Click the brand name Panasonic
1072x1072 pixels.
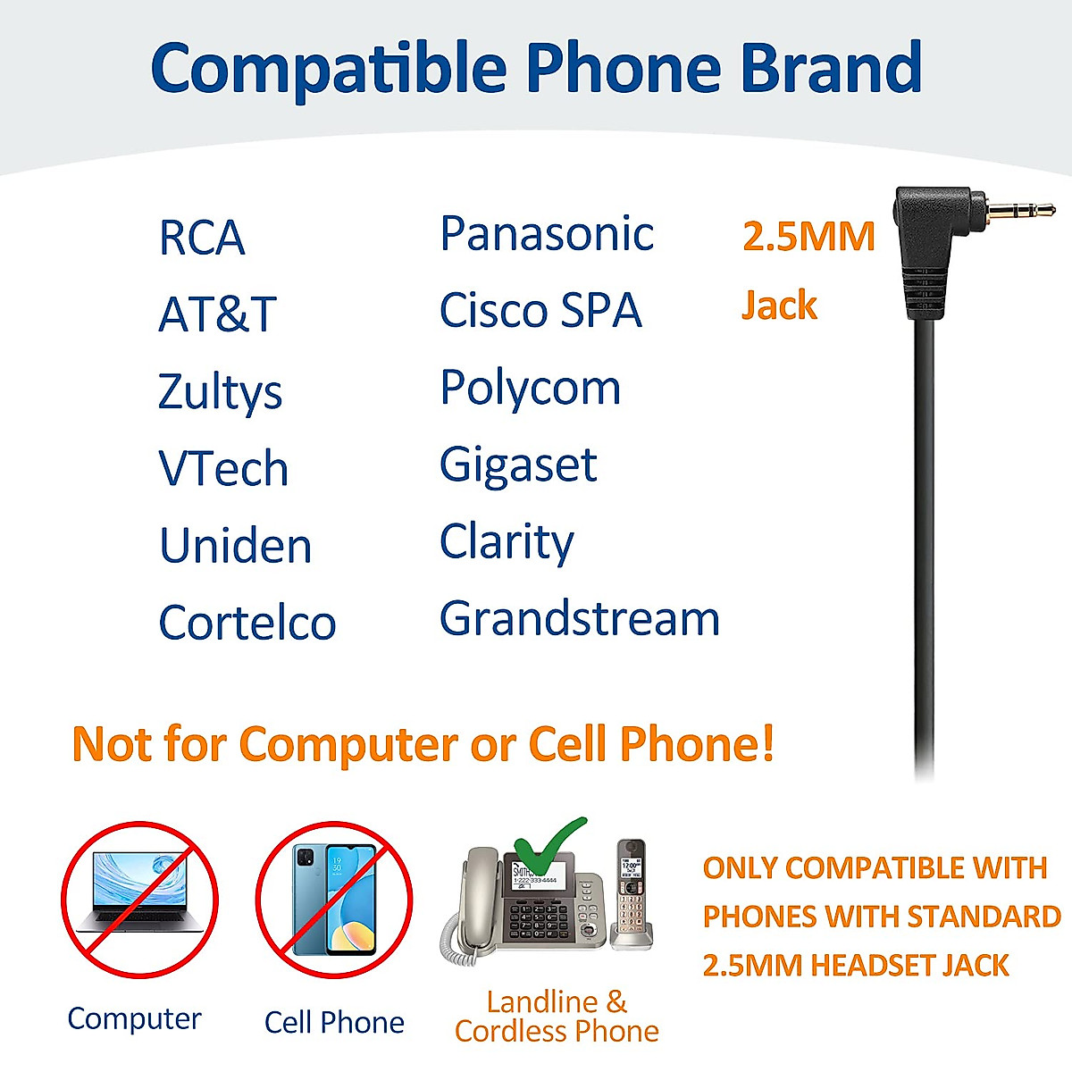(547, 235)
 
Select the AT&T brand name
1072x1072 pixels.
(217, 314)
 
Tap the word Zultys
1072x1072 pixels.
(220, 393)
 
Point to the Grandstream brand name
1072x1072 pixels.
(580, 619)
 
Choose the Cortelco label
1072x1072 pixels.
(247, 623)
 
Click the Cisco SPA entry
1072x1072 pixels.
(540, 311)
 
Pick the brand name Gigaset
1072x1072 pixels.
(518, 465)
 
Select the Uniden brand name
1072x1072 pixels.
(236, 546)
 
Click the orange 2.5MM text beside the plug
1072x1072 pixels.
(808, 237)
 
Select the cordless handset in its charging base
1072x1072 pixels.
(632, 893)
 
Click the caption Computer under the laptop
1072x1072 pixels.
(135, 1018)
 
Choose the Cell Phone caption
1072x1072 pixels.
(334, 1022)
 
